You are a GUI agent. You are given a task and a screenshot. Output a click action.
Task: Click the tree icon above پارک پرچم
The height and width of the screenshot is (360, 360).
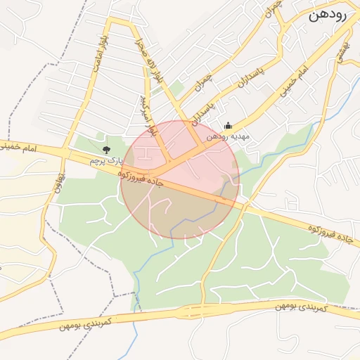point(106,149)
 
